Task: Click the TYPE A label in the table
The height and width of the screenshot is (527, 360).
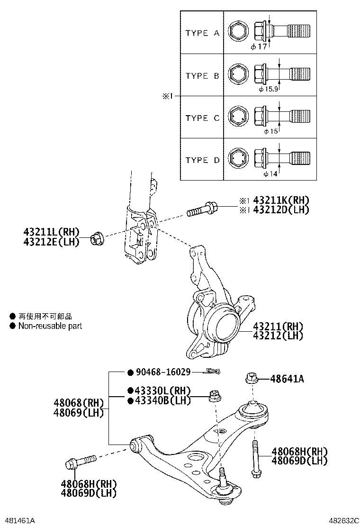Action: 202,33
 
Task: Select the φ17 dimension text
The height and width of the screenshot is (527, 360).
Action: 259,46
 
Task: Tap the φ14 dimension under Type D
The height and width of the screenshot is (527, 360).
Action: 270,174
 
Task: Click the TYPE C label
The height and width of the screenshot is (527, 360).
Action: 202,118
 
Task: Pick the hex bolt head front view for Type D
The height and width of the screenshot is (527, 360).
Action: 237,158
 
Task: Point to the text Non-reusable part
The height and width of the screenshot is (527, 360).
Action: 50,326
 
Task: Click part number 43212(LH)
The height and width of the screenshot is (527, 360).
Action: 278,336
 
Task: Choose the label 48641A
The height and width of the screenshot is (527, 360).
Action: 287,379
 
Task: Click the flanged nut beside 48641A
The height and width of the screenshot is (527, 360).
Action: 251,378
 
